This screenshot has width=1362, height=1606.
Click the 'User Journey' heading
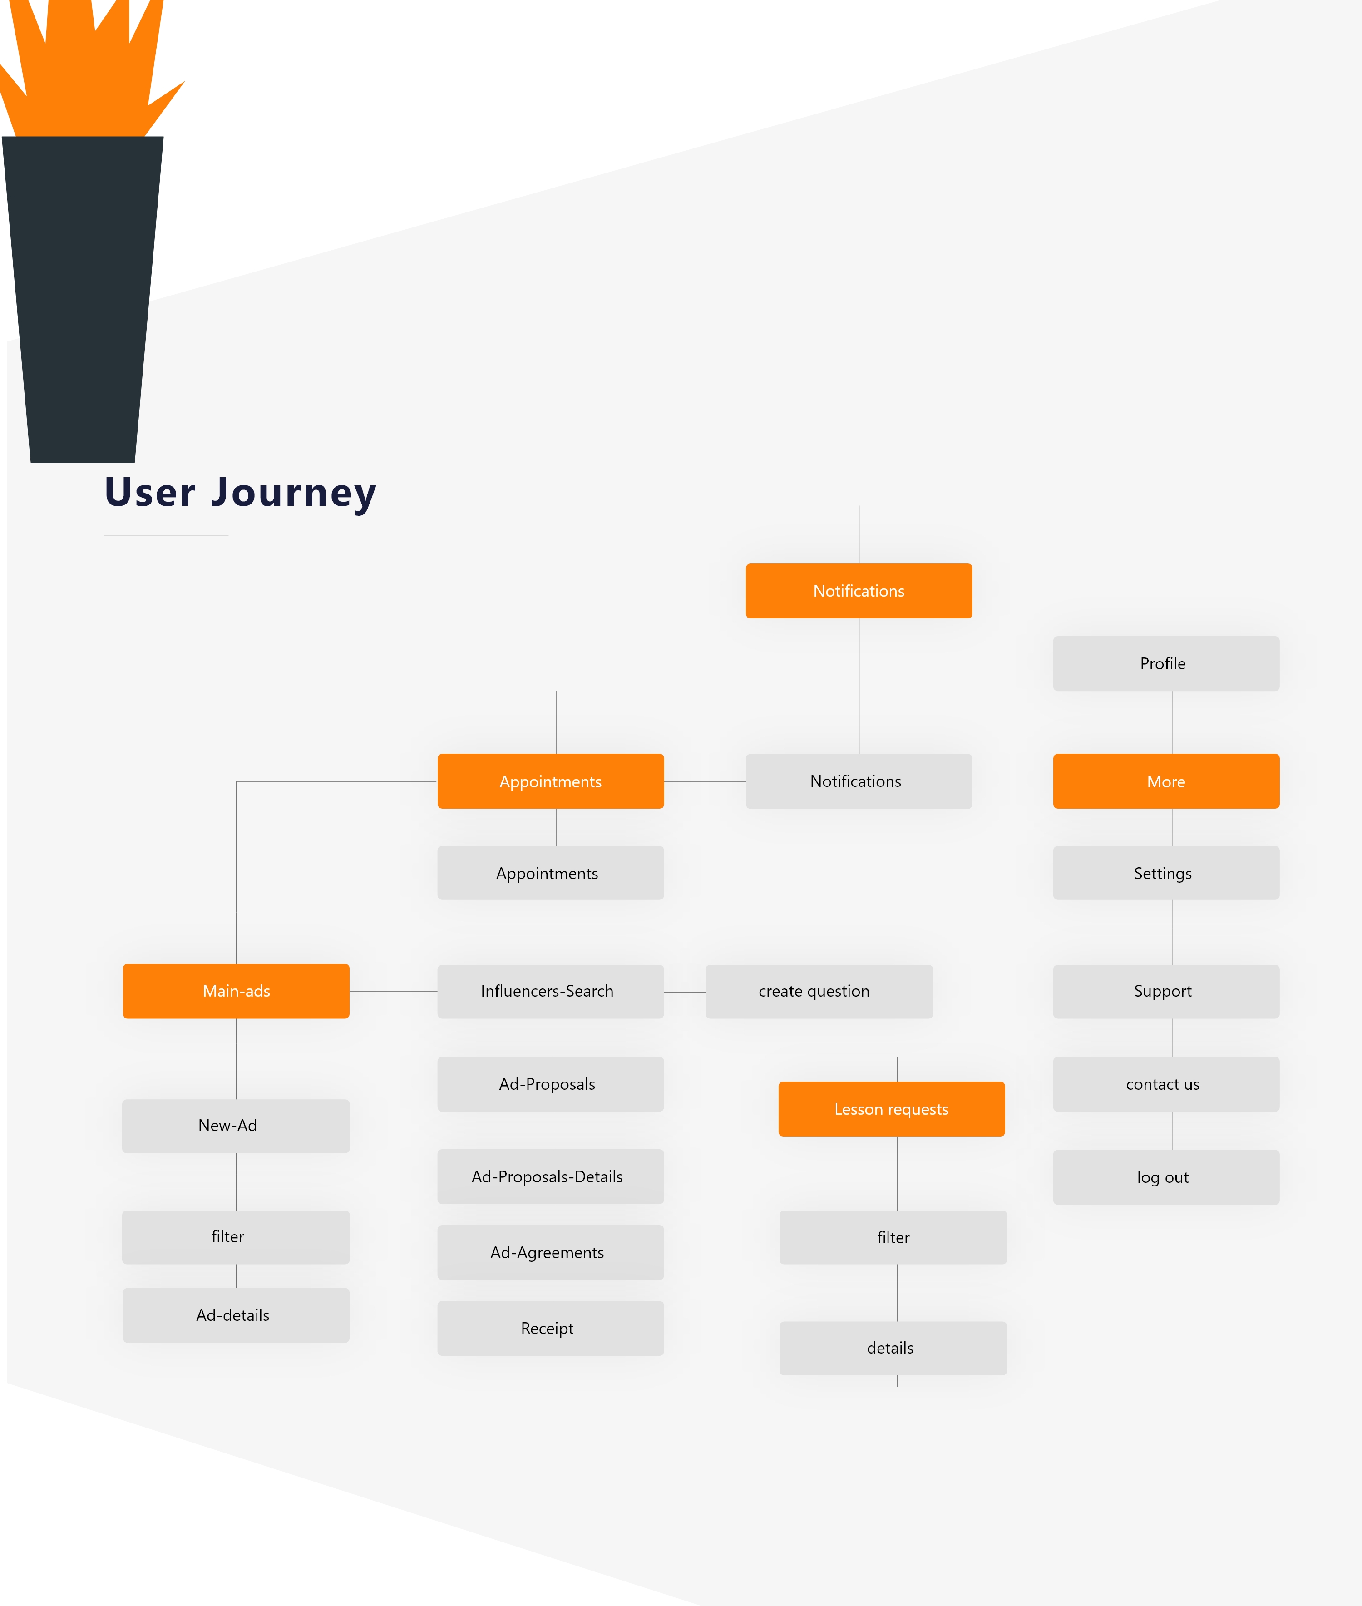240,493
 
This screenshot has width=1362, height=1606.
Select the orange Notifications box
859,591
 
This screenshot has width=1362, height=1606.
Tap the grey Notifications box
859,781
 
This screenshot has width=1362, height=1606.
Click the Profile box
1166,663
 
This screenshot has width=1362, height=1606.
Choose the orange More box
1166,781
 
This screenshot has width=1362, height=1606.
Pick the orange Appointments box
551,781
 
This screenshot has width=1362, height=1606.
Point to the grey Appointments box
551,873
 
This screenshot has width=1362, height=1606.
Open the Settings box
1166,873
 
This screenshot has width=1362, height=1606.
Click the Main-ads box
236,991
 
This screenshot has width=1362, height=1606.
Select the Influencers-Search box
551,991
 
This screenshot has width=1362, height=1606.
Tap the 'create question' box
819,991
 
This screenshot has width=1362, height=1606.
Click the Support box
1166,991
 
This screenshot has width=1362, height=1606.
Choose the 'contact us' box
1166,1084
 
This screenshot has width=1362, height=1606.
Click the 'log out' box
1166,1177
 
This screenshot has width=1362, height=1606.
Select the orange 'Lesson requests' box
892,1109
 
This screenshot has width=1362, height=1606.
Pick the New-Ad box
236,1126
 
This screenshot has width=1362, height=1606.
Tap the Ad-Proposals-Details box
551,1177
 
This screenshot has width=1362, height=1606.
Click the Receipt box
551,1328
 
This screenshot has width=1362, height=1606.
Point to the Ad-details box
236,1315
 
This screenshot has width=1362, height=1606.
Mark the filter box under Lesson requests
893,1237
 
